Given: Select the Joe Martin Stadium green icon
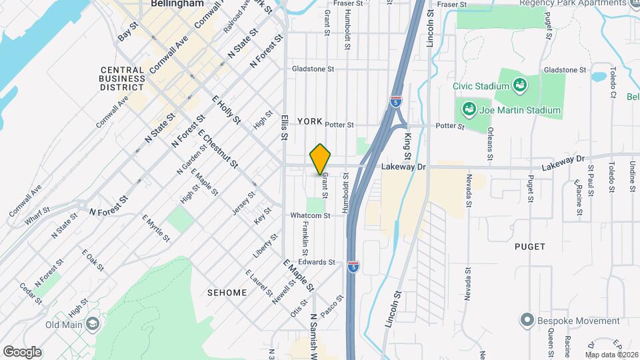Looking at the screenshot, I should point(469,109).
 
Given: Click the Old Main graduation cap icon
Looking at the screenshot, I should point(93,325).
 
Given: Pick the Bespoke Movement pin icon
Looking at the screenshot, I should point(527,321).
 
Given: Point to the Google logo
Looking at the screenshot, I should point(22,351).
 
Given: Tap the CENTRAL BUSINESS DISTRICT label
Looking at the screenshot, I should point(123,78).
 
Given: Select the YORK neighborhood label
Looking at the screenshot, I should point(310,121).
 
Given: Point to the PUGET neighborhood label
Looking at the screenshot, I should point(530,246).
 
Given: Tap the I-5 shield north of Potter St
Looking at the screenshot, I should point(396,102).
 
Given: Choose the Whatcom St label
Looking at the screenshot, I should point(310,215).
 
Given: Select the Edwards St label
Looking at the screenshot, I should point(317,262).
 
